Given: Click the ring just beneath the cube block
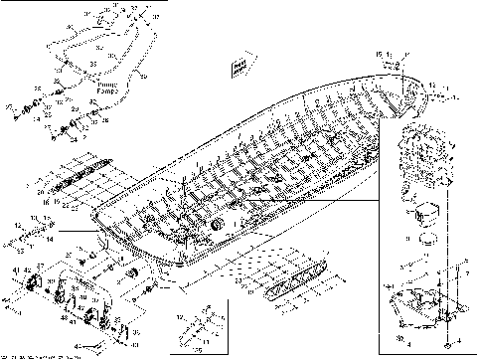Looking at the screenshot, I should (x=428, y=239).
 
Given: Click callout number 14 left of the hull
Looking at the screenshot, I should (x=53, y=240).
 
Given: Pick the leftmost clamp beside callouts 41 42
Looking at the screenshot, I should (x=31, y=285).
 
